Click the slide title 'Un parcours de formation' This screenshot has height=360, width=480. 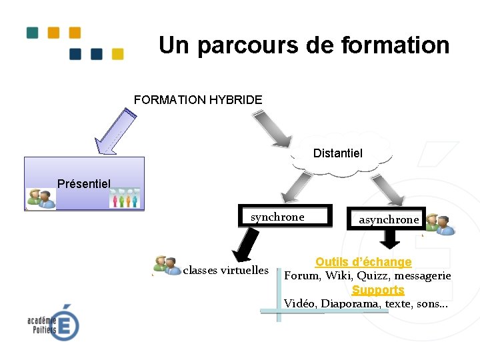[304, 45]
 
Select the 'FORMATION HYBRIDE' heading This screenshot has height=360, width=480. [198, 100]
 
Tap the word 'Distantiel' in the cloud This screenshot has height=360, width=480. [338, 153]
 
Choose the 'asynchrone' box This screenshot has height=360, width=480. [389, 219]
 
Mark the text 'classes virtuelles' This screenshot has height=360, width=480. [225, 271]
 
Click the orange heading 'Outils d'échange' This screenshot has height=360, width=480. [363, 262]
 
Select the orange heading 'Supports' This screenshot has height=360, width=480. [378, 290]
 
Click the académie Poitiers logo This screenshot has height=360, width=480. [53, 323]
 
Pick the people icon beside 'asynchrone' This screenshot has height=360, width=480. [440, 225]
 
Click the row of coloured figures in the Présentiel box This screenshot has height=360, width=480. [125, 199]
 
